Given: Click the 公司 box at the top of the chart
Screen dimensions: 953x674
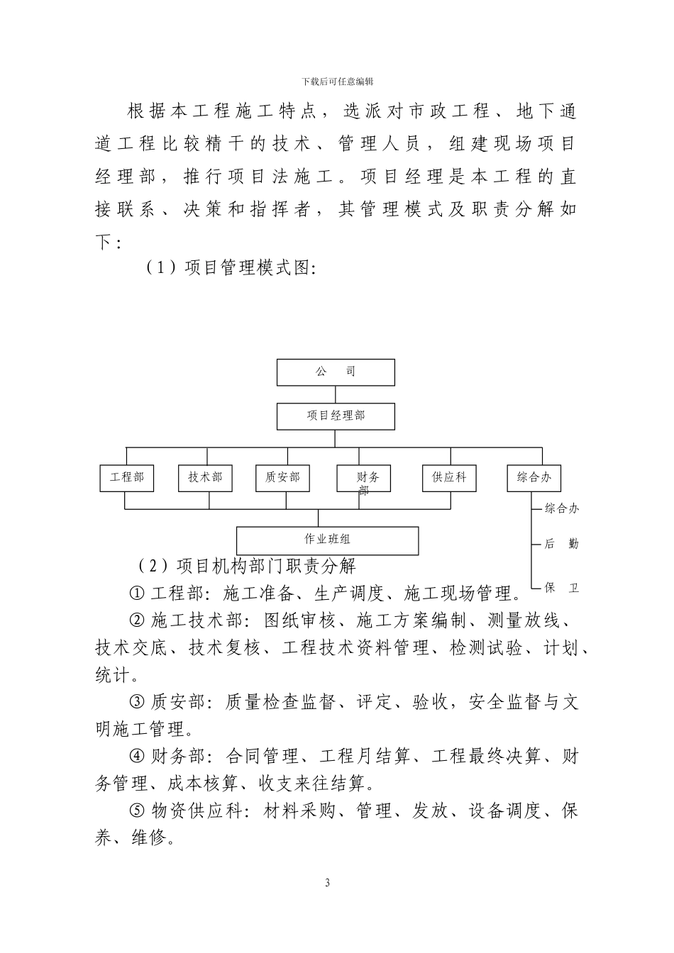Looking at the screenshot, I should pyautogui.click(x=336, y=372).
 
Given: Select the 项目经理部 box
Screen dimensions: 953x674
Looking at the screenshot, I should pyautogui.click(x=336, y=416).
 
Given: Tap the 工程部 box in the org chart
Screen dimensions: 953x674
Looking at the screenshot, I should pyautogui.click(x=127, y=478).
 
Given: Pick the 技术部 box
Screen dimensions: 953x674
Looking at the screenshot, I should pyautogui.click(x=205, y=478).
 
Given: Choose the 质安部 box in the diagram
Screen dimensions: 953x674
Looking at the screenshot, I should pyautogui.click(x=283, y=478).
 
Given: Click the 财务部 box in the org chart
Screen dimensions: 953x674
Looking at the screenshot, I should pyautogui.click(x=363, y=479).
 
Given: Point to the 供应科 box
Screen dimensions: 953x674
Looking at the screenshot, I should pyautogui.click(x=449, y=478).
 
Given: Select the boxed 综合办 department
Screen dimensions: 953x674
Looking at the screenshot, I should pyautogui.click(x=534, y=478).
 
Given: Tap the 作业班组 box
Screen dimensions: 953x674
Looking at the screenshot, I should pyautogui.click(x=327, y=540).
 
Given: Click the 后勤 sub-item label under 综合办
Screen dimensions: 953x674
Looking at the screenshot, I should pyautogui.click(x=561, y=544).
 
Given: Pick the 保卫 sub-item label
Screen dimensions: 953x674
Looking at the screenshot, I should pyautogui.click(x=561, y=588).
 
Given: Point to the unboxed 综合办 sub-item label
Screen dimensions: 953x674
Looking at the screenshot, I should pyautogui.click(x=562, y=508).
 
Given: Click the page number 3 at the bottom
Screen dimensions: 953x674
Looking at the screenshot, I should pyautogui.click(x=327, y=883).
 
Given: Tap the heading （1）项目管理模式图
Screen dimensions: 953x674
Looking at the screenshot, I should pyautogui.click(x=230, y=268).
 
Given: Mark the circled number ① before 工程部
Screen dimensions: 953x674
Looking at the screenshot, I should pyautogui.click(x=137, y=593).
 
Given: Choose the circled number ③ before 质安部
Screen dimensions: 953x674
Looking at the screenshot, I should pyautogui.click(x=137, y=702).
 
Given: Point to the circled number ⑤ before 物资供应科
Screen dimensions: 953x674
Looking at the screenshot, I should pyautogui.click(x=137, y=810).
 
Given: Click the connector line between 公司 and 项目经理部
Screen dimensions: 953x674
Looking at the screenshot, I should pyautogui.click(x=336, y=394).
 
